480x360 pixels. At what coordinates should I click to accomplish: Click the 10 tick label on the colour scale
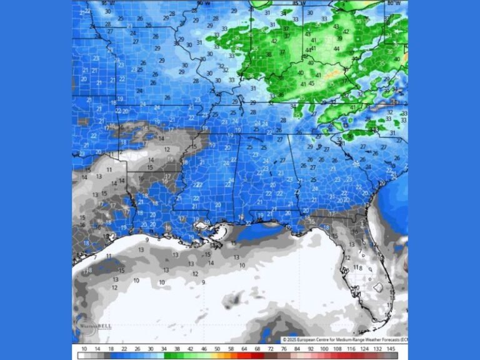point(84,348)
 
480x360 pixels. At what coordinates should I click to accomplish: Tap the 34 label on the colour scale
point(164,348)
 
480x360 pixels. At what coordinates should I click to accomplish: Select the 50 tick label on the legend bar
point(217,348)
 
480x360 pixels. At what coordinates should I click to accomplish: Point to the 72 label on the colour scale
point(271,348)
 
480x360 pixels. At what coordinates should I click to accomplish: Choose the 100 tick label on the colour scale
point(324,348)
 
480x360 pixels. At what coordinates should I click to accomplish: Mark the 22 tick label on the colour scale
point(124,348)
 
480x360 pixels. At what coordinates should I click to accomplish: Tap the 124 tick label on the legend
point(364,348)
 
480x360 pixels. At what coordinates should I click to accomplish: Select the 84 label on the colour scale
point(297,348)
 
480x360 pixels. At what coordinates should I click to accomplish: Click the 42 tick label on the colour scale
point(191,348)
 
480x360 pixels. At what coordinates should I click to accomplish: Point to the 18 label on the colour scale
point(111,348)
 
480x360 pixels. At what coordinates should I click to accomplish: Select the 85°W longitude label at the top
point(298,3)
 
